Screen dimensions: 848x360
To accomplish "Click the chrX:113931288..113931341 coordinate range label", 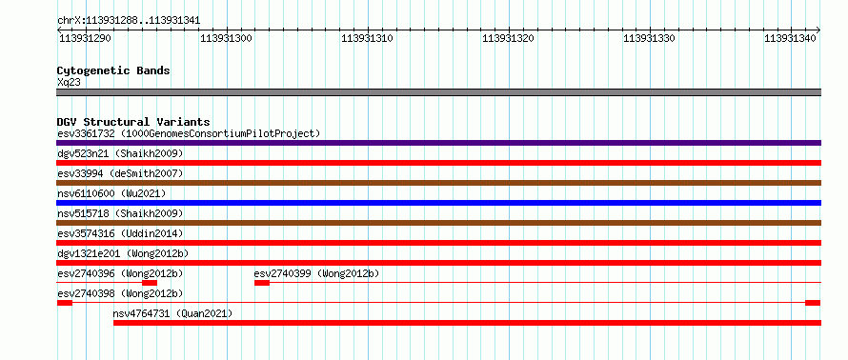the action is point(129,21).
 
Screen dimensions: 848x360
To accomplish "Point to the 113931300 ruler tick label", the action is point(226,38).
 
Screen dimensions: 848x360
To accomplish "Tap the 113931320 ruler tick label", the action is point(509,38).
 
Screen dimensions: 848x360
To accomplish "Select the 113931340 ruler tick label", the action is point(790,38).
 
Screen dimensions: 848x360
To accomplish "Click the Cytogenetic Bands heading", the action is point(113,70).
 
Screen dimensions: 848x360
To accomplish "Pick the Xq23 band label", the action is point(69,82).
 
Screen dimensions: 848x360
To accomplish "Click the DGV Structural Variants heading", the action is point(133,122).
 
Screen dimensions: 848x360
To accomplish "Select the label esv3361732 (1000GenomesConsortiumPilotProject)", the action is point(189,133).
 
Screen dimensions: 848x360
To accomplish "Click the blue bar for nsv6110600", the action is point(438,203).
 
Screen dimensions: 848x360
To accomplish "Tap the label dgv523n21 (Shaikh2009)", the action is point(120,153).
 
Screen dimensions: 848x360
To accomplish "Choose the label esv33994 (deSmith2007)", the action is point(120,173).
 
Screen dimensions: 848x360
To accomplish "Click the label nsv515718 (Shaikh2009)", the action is point(120,213).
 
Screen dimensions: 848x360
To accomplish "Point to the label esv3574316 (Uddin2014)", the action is point(120,233).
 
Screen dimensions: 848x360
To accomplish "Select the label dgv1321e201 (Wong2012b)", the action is point(123,253).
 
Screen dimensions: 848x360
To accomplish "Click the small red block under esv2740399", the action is point(262,283).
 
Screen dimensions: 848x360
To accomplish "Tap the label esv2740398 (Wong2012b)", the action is point(120,293).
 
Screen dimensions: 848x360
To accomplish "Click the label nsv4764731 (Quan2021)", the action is point(172,313).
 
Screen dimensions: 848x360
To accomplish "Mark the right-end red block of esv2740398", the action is point(813,303).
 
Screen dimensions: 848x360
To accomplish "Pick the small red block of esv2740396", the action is point(150,283).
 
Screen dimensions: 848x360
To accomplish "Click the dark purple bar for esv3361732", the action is point(438,143).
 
